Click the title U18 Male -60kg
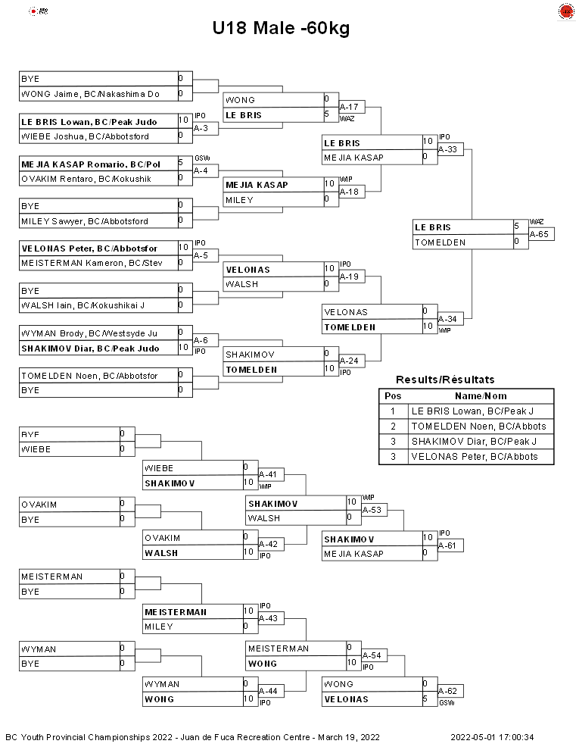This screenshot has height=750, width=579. pyautogui.click(x=281, y=28)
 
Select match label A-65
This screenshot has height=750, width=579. pyautogui.click(x=539, y=234)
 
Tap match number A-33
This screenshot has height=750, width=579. pyautogui.click(x=447, y=149)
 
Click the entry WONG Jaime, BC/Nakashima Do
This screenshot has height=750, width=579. pyautogui.click(x=90, y=94)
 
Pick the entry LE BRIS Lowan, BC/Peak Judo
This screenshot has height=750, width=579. pyautogui.click(x=89, y=122)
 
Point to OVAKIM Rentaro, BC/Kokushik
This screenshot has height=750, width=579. pyautogui.click(x=86, y=179)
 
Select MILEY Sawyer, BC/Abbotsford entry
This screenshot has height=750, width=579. pyautogui.click(x=85, y=221)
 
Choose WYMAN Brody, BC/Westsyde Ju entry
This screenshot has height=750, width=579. pyautogui.click(x=89, y=333)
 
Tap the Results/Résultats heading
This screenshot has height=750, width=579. pyautogui.click(x=445, y=380)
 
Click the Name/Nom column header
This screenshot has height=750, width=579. pyautogui.click(x=481, y=396)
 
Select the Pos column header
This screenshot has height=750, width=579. pyautogui.click(x=393, y=396)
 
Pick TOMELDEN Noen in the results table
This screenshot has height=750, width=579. pyautogui.click(x=478, y=427)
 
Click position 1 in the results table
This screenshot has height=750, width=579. pyautogui.click(x=393, y=411)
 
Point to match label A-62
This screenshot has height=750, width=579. pyautogui.click(x=447, y=691)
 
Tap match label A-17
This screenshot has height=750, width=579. pyautogui.click(x=349, y=107)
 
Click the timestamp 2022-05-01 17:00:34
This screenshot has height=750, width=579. pyautogui.click(x=492, y=737)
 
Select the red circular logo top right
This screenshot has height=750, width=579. pyautogui.click(x=566, y=11)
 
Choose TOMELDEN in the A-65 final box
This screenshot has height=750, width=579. pyautogui.click(x=440, y=242)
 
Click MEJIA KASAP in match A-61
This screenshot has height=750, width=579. pyautogui.click(x=353, y=554)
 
